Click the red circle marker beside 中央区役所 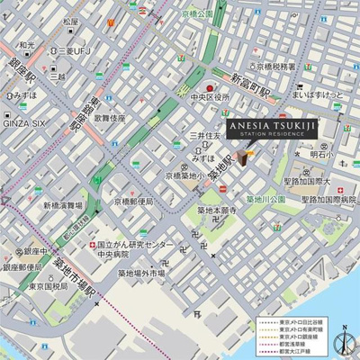tap(209, 87)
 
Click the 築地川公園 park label tap(265, 198)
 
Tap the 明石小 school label tap(340, 154)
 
